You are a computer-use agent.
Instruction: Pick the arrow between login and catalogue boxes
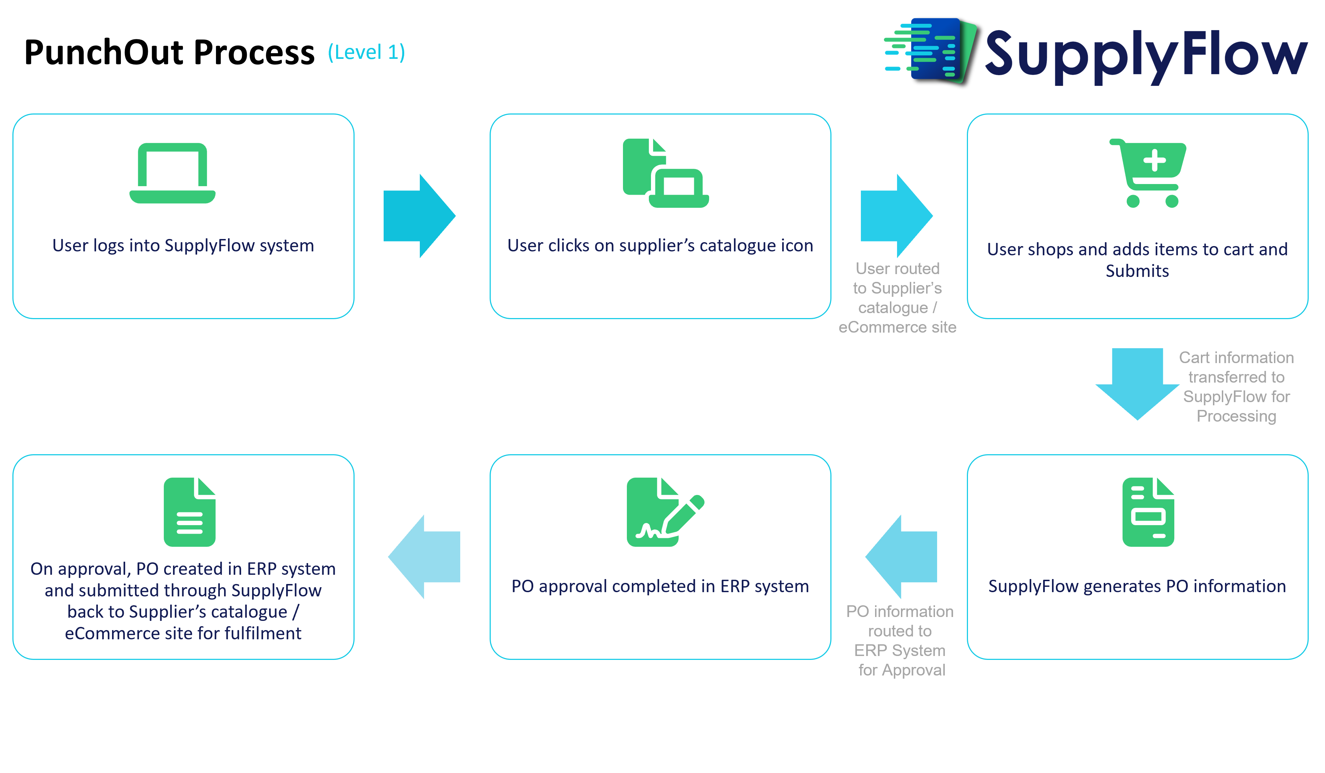click(x=419, y=216)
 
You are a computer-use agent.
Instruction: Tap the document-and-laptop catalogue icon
click(x=664, y=173)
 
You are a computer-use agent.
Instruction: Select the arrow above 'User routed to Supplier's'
click(x=896, y=216)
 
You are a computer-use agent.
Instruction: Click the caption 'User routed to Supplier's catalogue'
click(x=897, y=297)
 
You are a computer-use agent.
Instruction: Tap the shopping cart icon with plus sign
click(x=1148, y=173)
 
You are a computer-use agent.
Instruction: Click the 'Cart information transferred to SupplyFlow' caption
click(x=1236, y=386)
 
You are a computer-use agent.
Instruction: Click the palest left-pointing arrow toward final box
click(x=424, y=556)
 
